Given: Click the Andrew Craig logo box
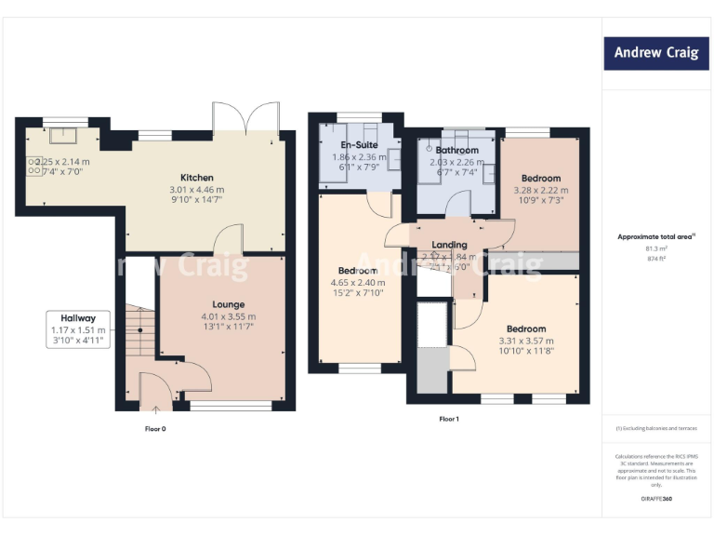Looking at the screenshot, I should (x=655, y=53).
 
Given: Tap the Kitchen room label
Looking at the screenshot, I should (x=197, y=178).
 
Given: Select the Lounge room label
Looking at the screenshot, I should (x=229, y=304).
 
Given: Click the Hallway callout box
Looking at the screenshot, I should (x=80, y=329).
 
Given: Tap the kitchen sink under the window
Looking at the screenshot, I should (x=65, y=137).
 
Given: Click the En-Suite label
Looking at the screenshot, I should (x=358, y=146).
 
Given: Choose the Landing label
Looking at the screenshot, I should (x=450, y=245).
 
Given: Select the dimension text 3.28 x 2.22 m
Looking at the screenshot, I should (x=540, y=191).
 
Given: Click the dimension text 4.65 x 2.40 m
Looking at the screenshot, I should (x=358, y=283).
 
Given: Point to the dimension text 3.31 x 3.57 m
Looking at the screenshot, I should (x=526, y=341).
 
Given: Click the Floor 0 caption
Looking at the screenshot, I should (x=155, y=429).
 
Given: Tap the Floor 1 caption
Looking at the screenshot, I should (x=449, y=419).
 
